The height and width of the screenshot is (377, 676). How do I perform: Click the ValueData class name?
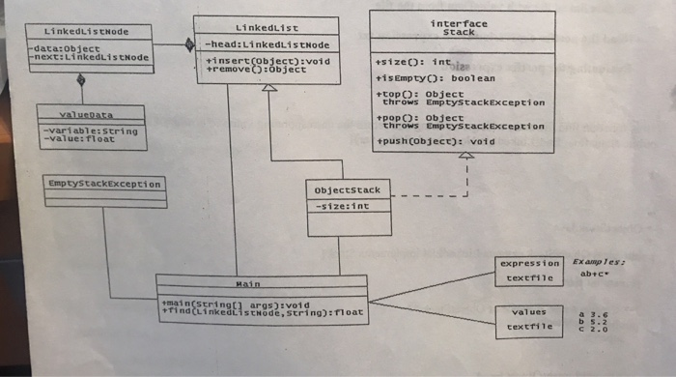pos(90,113)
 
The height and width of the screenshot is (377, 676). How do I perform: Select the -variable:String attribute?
pos(91,130)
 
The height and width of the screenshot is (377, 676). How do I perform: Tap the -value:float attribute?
pos(78,138)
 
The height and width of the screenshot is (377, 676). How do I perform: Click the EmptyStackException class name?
pos(103,183)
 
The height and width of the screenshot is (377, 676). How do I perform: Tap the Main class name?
pos(261,285)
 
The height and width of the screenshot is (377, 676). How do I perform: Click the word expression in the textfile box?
pos(529,263)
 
